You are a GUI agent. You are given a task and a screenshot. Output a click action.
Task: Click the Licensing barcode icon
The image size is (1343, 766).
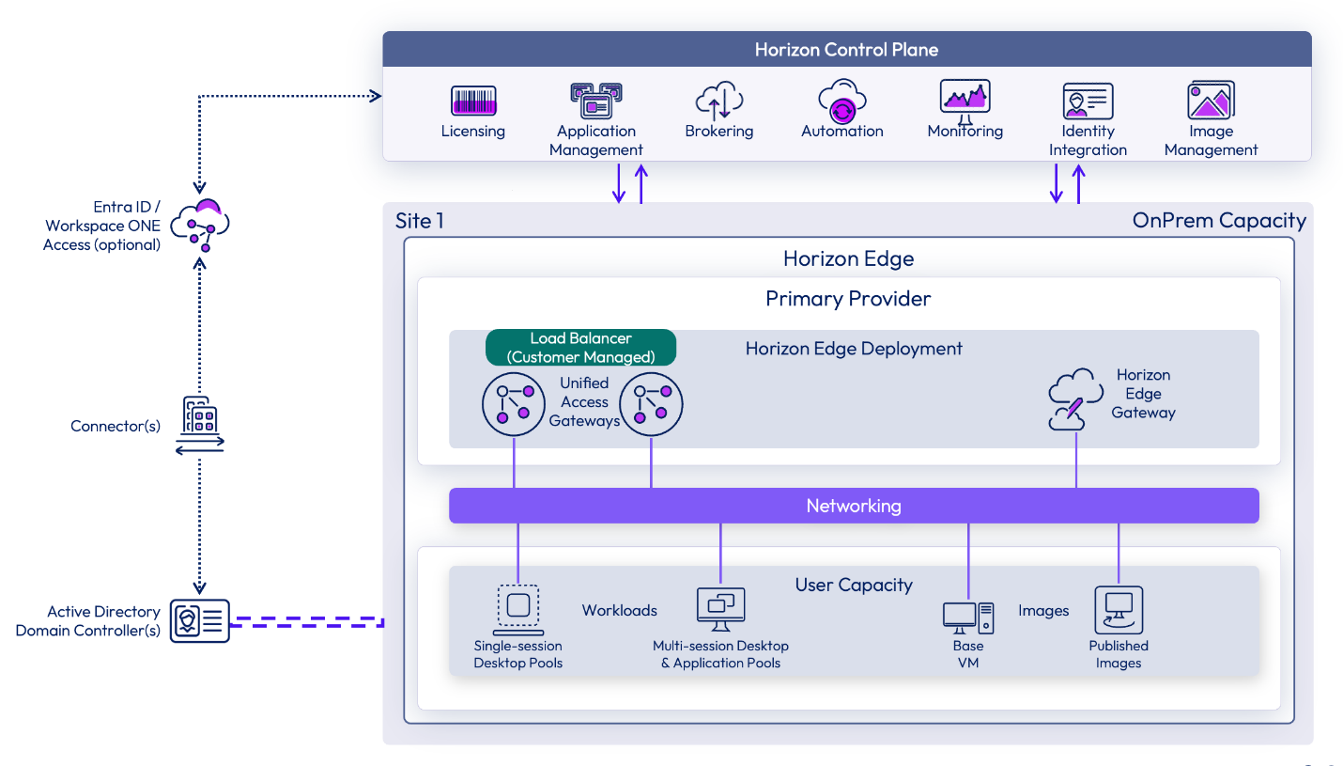(x=473, y=101)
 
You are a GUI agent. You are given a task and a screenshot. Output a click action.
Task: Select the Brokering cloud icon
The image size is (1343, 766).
(x=719, y=101)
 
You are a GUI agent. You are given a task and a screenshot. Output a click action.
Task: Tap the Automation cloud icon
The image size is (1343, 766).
(x=841, y=101)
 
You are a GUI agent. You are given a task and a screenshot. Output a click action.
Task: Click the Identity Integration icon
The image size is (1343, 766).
(x=1088, y=101)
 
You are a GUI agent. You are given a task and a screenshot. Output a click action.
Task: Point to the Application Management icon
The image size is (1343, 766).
(x=595, y=101)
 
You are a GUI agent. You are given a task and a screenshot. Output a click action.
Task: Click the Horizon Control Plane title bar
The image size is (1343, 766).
(x=846, y=50)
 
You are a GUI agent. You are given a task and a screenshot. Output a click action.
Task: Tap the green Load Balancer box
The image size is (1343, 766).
(x=580, y=347)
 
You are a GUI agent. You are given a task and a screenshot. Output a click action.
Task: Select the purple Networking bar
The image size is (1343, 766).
(x=853, y=506)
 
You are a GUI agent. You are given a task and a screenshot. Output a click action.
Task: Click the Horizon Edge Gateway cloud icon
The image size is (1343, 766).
(x=1074, y=399)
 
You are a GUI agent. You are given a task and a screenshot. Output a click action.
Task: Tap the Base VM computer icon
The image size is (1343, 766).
(x=967, y=617)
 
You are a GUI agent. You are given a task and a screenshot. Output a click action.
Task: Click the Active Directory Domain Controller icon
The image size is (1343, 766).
(x=199, y=621)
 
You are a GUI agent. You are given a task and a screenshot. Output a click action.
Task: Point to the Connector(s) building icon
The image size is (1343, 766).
(x=200, y=426)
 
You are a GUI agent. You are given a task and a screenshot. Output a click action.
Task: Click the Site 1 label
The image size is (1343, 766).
(x=420, y=221)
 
